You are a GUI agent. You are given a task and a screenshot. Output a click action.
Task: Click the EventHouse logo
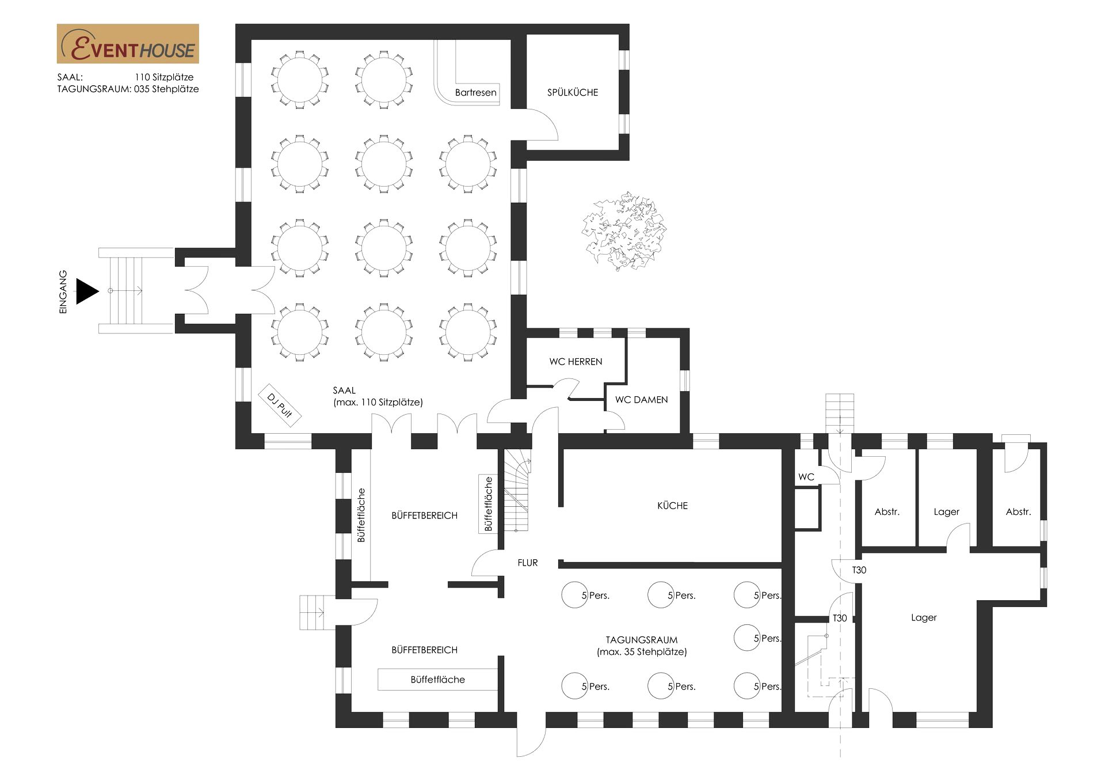pyautogui.click(x=128, y=44)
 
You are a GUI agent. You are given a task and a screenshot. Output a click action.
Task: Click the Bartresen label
pyautogui.click(x=475, y=92)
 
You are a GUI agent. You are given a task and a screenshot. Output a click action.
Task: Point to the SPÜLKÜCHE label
pyautogui.click(x=573, y=92)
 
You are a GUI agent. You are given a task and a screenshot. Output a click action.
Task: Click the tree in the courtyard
pyautogui.click(x=624, y=231)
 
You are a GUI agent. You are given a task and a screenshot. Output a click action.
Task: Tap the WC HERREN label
pyautogui.click(x=576, y=362)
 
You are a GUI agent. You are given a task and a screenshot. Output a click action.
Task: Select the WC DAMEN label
pyautogui.click(x=641, y=400)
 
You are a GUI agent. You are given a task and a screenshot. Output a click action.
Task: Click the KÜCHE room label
pyautogui.click(x=672, y=506)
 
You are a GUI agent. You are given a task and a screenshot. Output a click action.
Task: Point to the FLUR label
pyautogui.click(x=528, y=563)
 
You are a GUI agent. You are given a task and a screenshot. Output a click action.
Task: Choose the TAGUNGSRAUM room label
pyautogui.click(x=642, y=640)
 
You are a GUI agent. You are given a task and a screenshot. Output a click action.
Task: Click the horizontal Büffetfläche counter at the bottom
pyautogui.click(x=437, y=680)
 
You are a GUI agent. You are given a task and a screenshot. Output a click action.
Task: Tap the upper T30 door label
pyautogui.click(x=859, y=570)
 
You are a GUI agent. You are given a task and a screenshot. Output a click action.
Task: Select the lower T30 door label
pyautogui.click(x=840, y=618)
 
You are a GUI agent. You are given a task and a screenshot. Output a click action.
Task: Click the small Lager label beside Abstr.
pyautogui.click(x=946, y=512)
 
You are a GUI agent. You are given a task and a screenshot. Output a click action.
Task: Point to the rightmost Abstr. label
pyautogui.click(x=1018, y=512)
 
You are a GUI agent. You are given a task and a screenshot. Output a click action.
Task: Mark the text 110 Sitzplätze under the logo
pyautogui.click(x=164, y=77)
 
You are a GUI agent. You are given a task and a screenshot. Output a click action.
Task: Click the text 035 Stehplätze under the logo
pyautogui.click(x=166, y=89)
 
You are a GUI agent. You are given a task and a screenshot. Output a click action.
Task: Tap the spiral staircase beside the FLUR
pyautogui.click(x=517, y=490)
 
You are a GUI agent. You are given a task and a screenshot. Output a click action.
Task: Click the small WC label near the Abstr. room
pyautogui.click(x=806, y=477)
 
